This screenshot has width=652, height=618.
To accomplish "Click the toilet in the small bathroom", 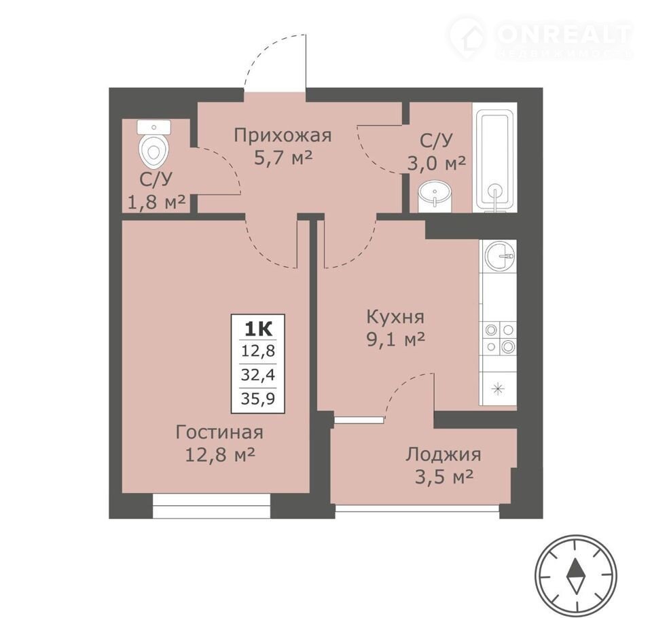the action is [x=155, y=143].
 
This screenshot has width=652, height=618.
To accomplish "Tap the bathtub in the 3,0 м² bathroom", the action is [x=495, y=159].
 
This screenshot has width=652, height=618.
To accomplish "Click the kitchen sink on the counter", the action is [x=499, y=256].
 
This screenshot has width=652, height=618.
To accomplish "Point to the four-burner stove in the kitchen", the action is [x=498, y=338].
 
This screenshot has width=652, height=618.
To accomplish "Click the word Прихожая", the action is [x=283, y=136].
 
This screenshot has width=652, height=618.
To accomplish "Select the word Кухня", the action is [x=395, y=317].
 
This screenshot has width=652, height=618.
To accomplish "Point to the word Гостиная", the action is [x=219, y=432].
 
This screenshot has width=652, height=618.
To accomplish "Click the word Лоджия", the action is [x=443, y=454].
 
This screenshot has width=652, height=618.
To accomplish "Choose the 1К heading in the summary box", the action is [x=258, y=329].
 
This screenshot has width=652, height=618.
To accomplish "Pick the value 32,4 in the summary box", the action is [x=258, y=375].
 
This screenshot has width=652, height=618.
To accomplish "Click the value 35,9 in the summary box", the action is [x=258, y=399].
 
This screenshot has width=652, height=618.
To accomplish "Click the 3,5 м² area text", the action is [x=444, y=478].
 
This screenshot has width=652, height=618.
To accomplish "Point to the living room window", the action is [x=212, y=506].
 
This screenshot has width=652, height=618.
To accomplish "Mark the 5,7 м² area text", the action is [x=283, y=158].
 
